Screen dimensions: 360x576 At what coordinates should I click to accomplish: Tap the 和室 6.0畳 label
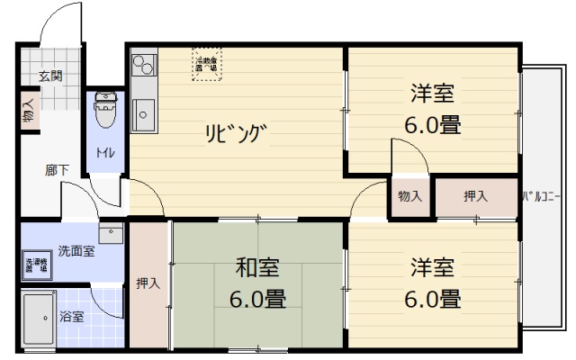(x=257, y=283)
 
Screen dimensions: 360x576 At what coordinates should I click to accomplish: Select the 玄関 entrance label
(x=50, y=76)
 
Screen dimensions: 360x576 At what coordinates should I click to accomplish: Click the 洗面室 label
(x=76, y=251)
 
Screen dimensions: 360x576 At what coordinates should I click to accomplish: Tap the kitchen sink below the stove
(x=143, y=113)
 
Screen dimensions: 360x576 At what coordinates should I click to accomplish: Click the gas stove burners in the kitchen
(x=143, y=67)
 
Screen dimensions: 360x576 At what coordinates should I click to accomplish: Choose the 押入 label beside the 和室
(x=148, y=283)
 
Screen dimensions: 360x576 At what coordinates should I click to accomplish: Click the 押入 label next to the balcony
(x=475, y=196)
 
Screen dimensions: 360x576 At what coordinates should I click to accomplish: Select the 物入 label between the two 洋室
(x=409, y=196)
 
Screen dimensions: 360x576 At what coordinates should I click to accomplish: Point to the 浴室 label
(x=71, y=317)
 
